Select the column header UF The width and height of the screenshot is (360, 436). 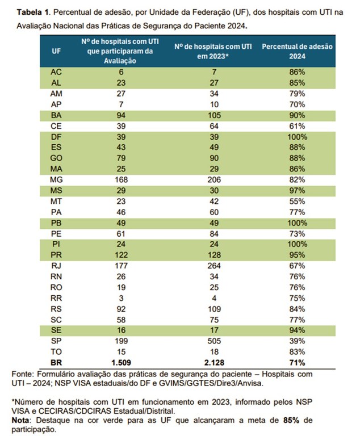[x=56, y=50]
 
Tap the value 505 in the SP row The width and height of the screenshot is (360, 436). [x=213, y=341]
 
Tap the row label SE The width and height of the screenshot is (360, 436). [x=56, y=330]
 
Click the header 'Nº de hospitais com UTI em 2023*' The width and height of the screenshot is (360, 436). [x=213, y=51]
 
